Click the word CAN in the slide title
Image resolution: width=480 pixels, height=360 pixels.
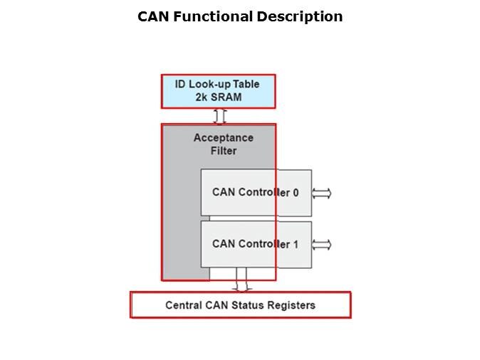[x=154, y=16]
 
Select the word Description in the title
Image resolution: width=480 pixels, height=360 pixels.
[x=302, y=16]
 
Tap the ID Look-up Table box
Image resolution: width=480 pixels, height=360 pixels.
[x=218, y=91]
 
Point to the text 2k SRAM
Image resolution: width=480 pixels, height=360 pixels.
[x=218, y=97]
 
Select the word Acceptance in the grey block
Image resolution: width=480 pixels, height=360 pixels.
[x=223, y=138]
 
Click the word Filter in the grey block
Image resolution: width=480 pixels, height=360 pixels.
[x=224, y=151]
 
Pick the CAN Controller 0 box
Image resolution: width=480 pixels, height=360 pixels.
[x=256, y=193]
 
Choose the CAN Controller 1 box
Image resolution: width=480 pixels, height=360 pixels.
[x=256, y=244]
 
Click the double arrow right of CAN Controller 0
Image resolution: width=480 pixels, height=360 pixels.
[x=322, y=194]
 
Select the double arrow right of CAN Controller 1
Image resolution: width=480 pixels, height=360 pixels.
[x=322, y=245]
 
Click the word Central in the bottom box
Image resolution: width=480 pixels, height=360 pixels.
[x=183, y=305]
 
